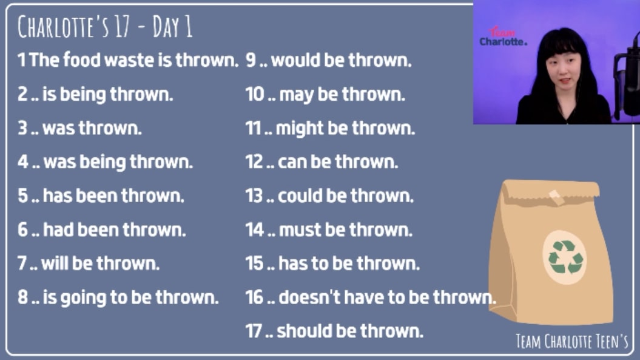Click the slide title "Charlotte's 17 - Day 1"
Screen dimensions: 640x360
(104, 27)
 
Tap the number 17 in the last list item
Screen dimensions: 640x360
(253, 331)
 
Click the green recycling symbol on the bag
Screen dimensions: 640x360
(565, 257)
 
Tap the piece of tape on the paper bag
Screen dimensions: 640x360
(556, 197)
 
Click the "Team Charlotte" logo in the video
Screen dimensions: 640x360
(503, 37)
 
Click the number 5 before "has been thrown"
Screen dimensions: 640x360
(22, 195)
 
